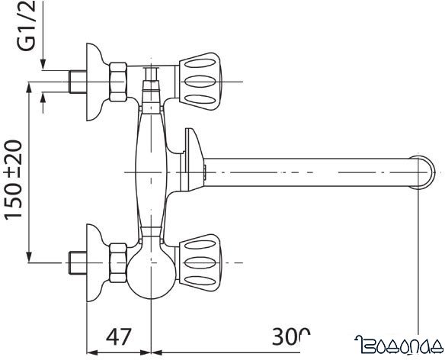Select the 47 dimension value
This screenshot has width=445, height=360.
pyautogui.click(x=118, y=336)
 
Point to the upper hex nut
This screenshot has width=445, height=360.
pyautogui.click(x=119, y=79)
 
